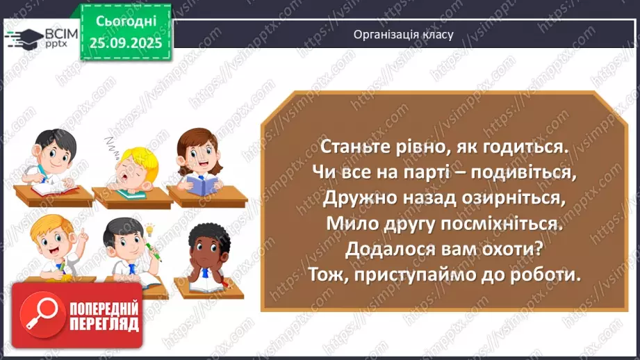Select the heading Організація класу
coord(403,33)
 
